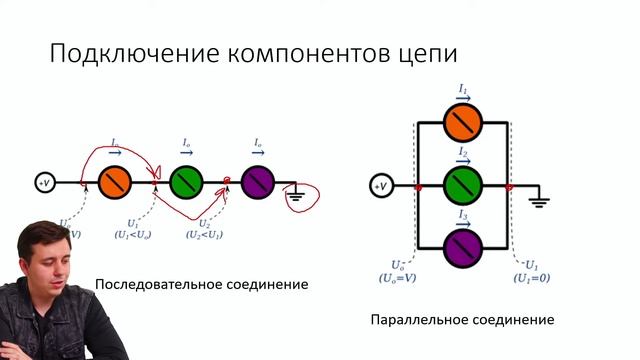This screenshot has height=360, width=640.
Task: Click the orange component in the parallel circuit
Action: (463, 121)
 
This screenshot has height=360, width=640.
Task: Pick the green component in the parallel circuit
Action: (463, 186)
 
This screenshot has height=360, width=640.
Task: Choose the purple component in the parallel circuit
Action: (463, 245)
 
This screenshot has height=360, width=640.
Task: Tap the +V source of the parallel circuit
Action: (380, 187)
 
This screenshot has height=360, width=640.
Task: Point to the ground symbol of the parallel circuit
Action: (539, 201)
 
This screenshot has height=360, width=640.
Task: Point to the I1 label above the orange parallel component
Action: (463, 91)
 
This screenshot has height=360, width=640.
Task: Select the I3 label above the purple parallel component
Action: (463, 216)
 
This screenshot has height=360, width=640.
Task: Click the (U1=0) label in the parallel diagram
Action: (531, 277)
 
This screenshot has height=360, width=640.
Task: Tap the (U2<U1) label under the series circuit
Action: (205, 234)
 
